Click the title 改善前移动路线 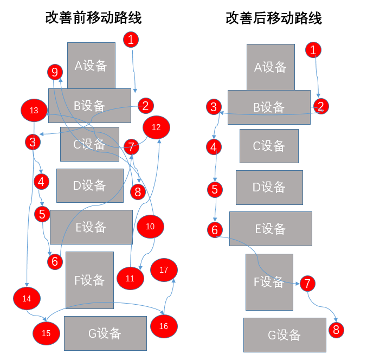94,18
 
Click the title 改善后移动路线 274,18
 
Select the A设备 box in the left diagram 91,66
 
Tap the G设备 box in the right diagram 285,335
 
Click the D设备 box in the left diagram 90,185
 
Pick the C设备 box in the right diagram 269,146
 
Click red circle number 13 34,111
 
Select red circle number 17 164,269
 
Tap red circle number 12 156,128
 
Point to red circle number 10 150,227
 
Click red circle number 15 46,333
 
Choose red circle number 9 54,72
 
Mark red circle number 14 27,298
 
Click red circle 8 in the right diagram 336,329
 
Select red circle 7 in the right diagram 307,282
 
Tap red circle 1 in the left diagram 131,39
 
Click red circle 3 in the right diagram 214,106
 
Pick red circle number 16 164,326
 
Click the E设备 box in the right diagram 271,229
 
